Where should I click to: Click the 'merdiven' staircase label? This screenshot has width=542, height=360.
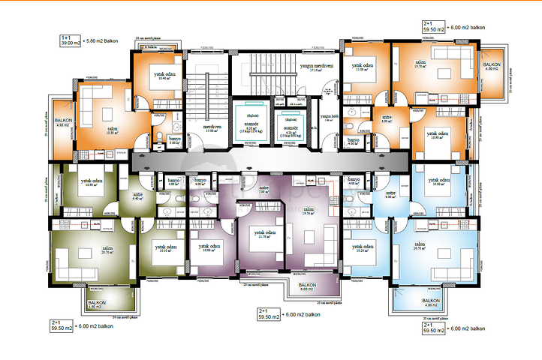point(211,127)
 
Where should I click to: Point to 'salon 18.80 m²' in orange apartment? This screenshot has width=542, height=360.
point(112,131)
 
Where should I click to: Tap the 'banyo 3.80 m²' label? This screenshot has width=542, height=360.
point(174,139)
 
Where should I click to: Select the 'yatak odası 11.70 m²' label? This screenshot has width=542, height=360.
point(263,235)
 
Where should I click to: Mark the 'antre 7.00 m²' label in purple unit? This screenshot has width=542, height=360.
point(264,189)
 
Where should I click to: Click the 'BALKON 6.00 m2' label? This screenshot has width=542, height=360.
point(307,287)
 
